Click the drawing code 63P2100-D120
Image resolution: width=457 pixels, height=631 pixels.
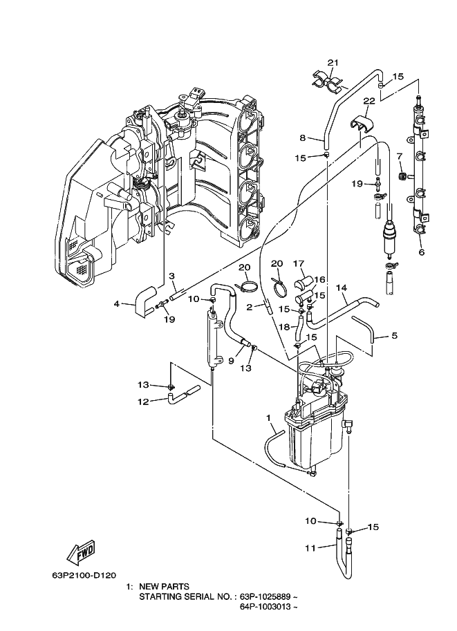(x=84, y=575)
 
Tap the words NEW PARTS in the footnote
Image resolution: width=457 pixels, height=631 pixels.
(x=164, y=586)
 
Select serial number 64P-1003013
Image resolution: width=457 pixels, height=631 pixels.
(x=265, y=606)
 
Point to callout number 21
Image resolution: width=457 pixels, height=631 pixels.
(x=333, y=62)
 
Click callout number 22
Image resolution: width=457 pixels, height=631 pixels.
(x=369, y=101)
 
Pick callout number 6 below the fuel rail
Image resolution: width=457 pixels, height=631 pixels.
(x=422, y=252)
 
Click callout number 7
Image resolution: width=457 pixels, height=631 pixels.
(x=400, y=156)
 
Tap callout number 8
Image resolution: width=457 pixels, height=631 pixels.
(x=303, y=138)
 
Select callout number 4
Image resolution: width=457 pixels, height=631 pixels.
(x=117, y=303)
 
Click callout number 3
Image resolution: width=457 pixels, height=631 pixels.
(x=171, y=276)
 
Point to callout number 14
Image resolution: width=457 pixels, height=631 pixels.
(x=342, y=288)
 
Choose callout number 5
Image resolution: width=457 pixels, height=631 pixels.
(x=395, y=335)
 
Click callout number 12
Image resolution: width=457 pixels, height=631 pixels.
(x=143, y=402)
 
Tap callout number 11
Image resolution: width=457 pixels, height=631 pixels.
(x=310, y=547)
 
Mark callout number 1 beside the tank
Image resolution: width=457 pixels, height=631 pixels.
(x=268, y=418)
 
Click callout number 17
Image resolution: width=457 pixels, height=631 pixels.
(x=299, y=264)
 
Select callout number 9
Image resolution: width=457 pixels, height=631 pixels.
(x=231, y=361)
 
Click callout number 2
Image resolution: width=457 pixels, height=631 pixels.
(x=250, y=307)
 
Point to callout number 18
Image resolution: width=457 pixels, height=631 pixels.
(x=284, y=327)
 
